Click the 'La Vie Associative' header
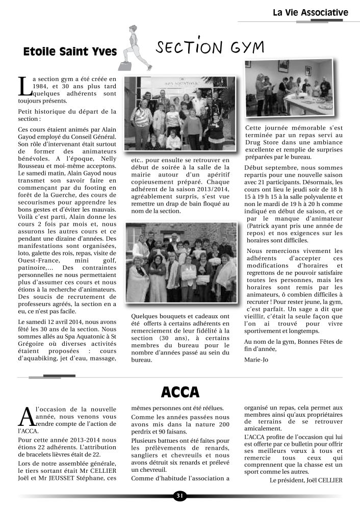[310, 12]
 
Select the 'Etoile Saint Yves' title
[70, 52]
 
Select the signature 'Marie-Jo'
[256, 360]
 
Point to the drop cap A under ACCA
[24, 416]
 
